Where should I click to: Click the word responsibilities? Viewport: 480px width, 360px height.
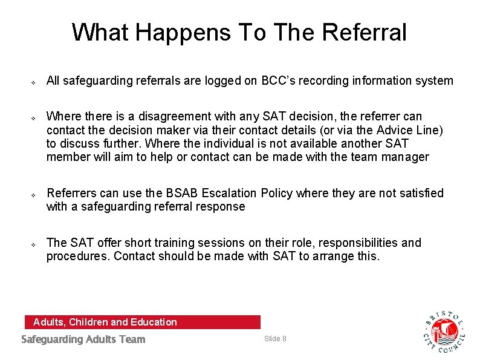pyautogui.click(x=358, y=243)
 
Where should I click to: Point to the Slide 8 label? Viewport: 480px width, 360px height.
pyautogui.click(x=275, y=338)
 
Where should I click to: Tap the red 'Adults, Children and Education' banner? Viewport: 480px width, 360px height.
pyautogui.click(x=142, y=322)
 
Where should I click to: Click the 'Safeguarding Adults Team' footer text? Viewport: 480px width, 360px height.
pyautogui.click(x=83, y=339)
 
